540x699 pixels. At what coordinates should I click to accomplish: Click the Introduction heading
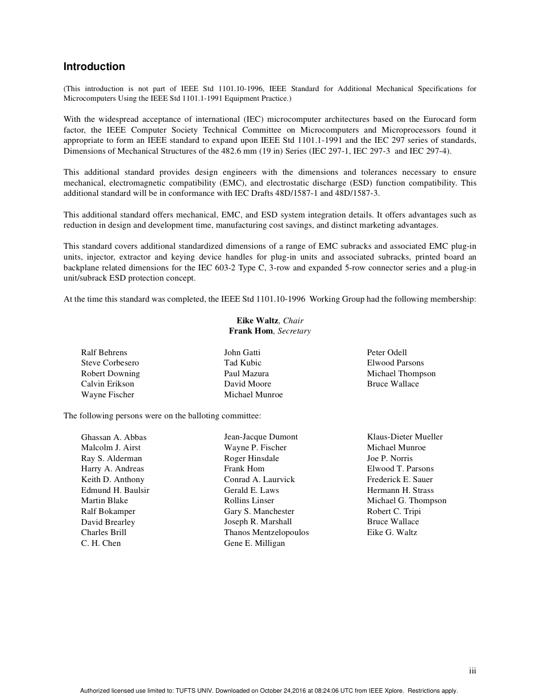click(x=94, y=67)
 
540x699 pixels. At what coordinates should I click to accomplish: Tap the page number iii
click(x=472, y=671)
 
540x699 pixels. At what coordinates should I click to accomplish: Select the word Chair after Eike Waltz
click(x=293, y=320)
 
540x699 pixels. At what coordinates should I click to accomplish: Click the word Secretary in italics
click(x=294, y=331)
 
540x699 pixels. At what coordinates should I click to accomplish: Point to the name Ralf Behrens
click(x=104, y=352)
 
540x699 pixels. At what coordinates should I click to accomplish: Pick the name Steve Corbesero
click(x=110, y=363)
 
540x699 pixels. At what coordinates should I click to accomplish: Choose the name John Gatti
click(x=242, y=352)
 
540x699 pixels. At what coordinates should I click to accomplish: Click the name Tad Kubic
click(x=243, y=363)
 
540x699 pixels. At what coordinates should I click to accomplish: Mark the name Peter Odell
click(x=387, y=352)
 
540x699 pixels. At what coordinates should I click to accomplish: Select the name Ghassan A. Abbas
click(x=114, y=437)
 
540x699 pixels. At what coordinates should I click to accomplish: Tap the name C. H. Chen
click(x=101, y=543)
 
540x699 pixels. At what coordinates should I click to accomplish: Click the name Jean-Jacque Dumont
click(x=261, y=437)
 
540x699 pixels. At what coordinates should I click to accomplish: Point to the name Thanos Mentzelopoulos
click(x=266, y=532)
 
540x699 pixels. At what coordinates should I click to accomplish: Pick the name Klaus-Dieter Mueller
click(x=405, y=437)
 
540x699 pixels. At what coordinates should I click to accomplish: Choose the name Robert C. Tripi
click(x=394, y=511)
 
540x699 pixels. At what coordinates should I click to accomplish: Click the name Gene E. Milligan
click(x=254, y=543)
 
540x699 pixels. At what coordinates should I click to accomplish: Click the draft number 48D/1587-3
click(x=358, y=193)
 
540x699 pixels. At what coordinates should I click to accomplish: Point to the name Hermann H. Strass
click(x=400, y=490)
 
